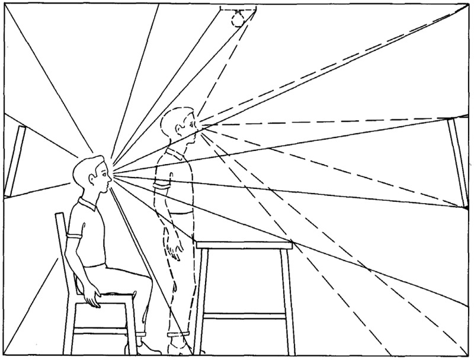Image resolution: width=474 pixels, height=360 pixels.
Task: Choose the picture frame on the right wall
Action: point(458,160)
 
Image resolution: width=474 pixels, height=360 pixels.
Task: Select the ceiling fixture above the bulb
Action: point(238,9)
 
